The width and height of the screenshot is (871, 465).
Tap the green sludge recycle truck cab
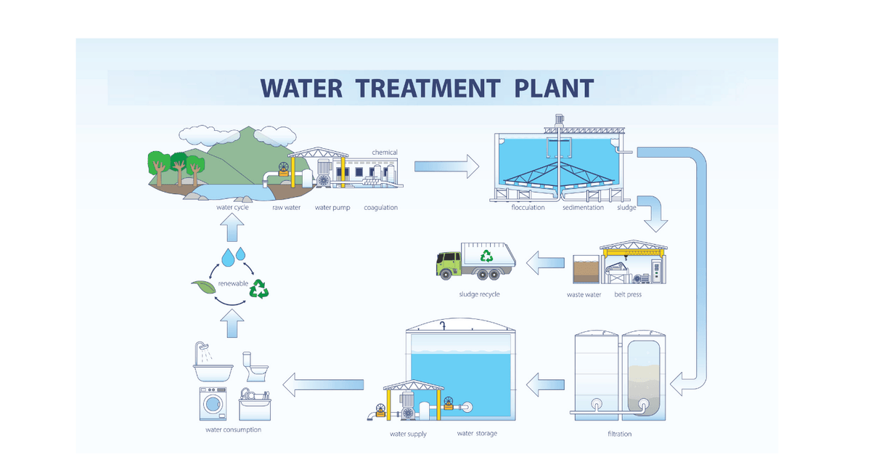tap(448, 264)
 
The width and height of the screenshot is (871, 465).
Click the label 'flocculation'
tap(528, 208)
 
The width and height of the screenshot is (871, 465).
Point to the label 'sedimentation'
tap(583, 208)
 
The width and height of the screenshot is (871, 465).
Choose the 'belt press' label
tap(628, 295)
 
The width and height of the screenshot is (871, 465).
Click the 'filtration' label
tap(619, 434)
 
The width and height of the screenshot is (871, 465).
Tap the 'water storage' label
tap(477, 434)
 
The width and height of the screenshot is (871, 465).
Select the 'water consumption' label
tap(233, 429)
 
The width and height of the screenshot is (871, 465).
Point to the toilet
tap(256, 367)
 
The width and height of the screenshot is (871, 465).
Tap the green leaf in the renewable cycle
tap(201, 286)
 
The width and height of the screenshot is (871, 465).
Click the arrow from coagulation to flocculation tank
tap(446, 166)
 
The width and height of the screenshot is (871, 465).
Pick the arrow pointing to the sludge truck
tap(545, 263)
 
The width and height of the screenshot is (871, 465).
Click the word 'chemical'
tap(385, 153)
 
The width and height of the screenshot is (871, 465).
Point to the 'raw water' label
tap(287, 208)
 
